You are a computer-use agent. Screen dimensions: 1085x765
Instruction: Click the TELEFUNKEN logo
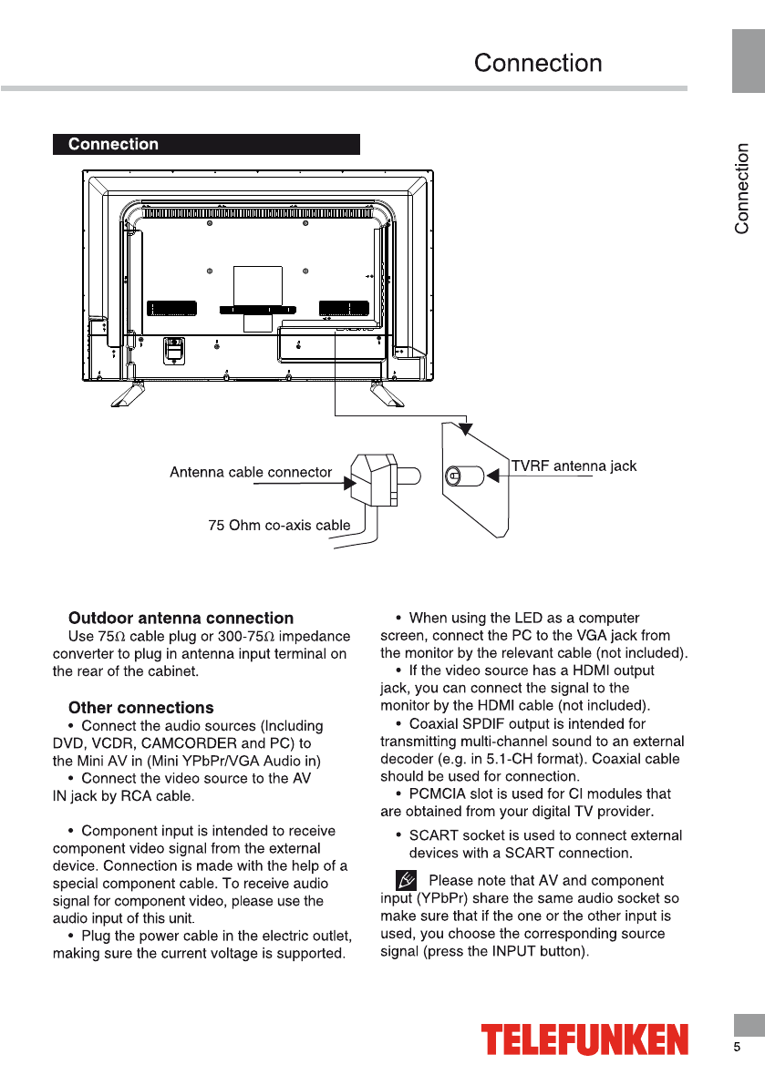584,1039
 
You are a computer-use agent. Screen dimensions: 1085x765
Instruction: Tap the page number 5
737,1048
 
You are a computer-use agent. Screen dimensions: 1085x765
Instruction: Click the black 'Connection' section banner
206,144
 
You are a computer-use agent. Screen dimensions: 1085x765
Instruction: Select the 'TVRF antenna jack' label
574,466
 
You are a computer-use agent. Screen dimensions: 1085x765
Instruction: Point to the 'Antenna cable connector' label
251,472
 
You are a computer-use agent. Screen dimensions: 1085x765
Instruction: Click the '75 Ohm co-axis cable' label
279,525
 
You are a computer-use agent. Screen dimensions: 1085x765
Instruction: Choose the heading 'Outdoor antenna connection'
181,619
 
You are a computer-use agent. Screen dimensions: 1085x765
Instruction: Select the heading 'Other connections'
141,708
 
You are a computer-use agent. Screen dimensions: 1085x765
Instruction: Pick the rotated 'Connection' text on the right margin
742,188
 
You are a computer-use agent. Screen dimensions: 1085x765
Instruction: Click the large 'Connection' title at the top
538,64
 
